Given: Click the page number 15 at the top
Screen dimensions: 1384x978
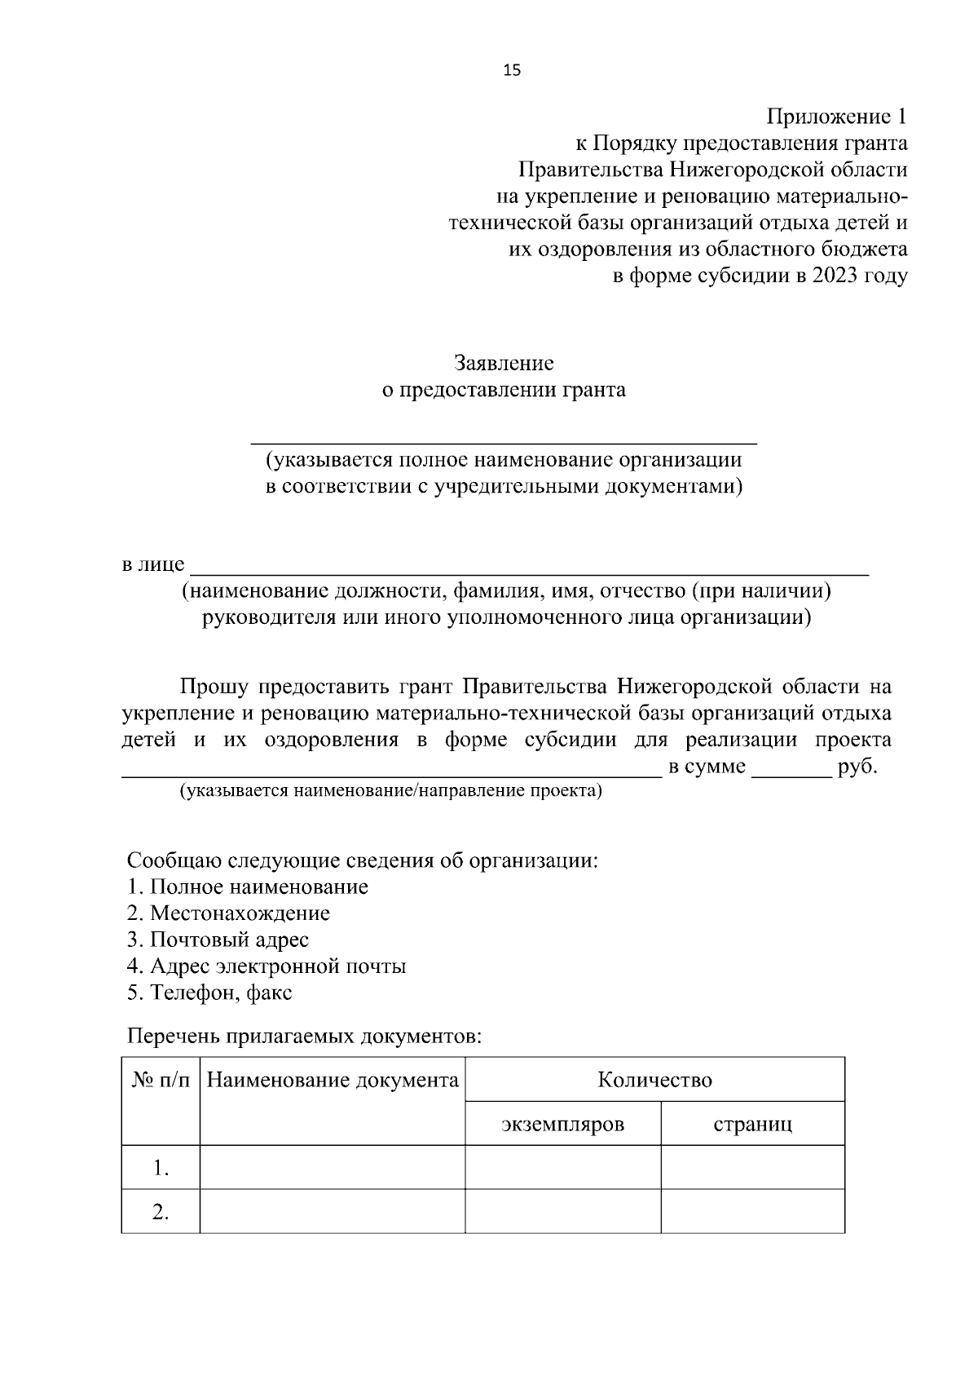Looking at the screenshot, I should [x=512, y=70].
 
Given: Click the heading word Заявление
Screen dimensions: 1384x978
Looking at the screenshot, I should [x=504, y=363].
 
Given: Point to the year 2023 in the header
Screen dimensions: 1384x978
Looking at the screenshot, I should [x=835, y=276].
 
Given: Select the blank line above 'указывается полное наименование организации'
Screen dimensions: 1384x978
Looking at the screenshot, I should [x=503, y=440].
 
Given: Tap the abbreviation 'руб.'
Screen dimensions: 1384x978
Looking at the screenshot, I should [x=857, y=767].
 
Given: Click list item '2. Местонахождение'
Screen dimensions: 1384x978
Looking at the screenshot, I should [x=228, y=913].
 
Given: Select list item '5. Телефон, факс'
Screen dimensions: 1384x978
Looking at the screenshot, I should [x=209, y=993].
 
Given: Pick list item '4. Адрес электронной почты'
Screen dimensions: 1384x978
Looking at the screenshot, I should [x=267, y=966].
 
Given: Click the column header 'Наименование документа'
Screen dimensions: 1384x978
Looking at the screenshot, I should [x=333, y=1081].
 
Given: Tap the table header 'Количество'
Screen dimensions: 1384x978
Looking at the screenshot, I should [x=654, y=1080].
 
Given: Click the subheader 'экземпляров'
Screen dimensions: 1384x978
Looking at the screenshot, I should [x=562, y=1125].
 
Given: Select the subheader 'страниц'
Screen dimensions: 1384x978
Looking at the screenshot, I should [x=752, y=1125].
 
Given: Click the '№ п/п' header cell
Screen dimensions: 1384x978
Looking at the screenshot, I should [x=161, y=1081].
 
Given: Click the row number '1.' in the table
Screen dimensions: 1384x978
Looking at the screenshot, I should [x=161, y=1169].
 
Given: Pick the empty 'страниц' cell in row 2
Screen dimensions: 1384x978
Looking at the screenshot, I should [x=752, y=1212].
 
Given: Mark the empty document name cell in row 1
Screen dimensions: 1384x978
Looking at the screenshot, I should [x=333, y=1168].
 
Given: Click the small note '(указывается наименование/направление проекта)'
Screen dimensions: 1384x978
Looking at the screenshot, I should [x=390, y=791].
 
